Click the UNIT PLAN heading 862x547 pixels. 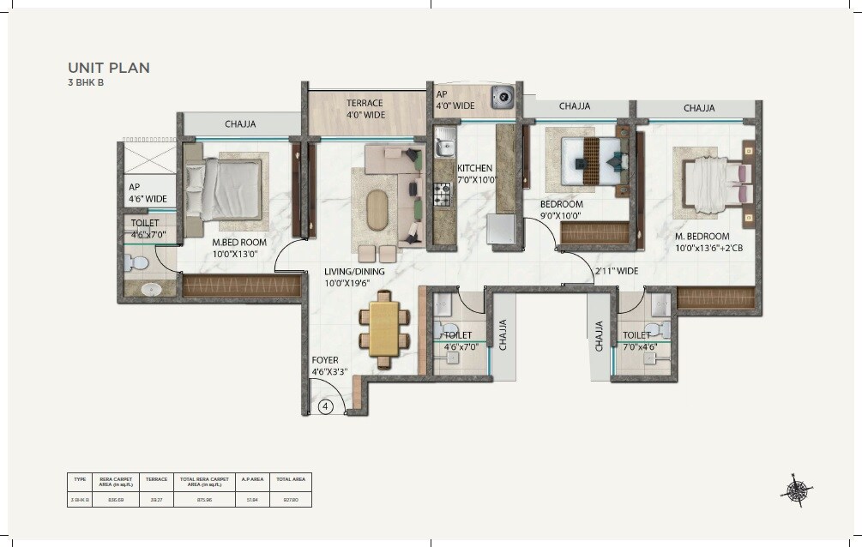coord(108,68)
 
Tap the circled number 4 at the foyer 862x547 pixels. coord(325,407)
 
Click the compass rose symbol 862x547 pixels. coord(797,490)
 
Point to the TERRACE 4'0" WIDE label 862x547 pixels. coord(365,109)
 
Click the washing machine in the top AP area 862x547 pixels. coord(503,98)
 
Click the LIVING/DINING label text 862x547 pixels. coord(354,273)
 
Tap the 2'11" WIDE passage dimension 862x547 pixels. coord(617,272)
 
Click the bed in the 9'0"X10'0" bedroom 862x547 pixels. coord(589,157)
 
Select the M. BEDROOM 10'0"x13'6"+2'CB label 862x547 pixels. coord(702,243)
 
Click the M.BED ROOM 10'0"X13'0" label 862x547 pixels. coord(239,248)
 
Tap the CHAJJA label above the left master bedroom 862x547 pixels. coord(240,124)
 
